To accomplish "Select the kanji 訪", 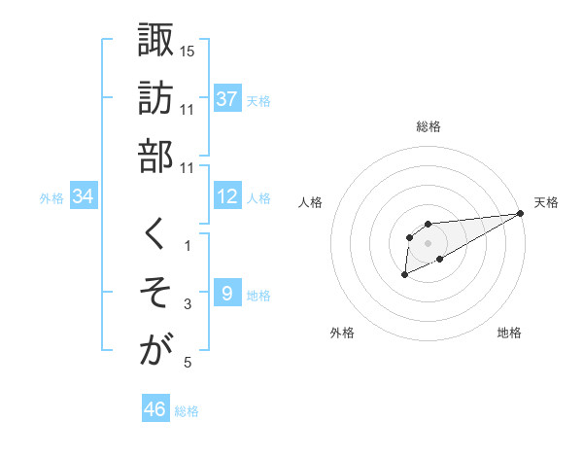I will click(156, 97).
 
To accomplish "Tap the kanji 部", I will click(156, 156).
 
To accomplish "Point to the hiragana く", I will click(155, 233).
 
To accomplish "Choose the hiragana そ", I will click(156, 292).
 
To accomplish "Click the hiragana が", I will click(156, 351).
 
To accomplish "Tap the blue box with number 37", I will click(227, 98).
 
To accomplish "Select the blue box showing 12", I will click(227, 196).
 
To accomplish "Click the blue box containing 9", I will click(227, 293).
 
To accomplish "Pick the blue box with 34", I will click(84, 196).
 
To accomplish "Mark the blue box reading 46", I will click(155, 409).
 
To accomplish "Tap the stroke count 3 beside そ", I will click(188, 305).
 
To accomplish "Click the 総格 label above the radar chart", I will click(429, 126).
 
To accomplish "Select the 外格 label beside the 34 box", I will click(51, 197).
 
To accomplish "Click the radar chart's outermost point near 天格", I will click(522, 214).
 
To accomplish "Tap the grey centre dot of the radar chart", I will click(428, 242).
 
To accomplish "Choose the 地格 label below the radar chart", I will click(509, 333).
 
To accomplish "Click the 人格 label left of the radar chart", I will click(312, 202).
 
